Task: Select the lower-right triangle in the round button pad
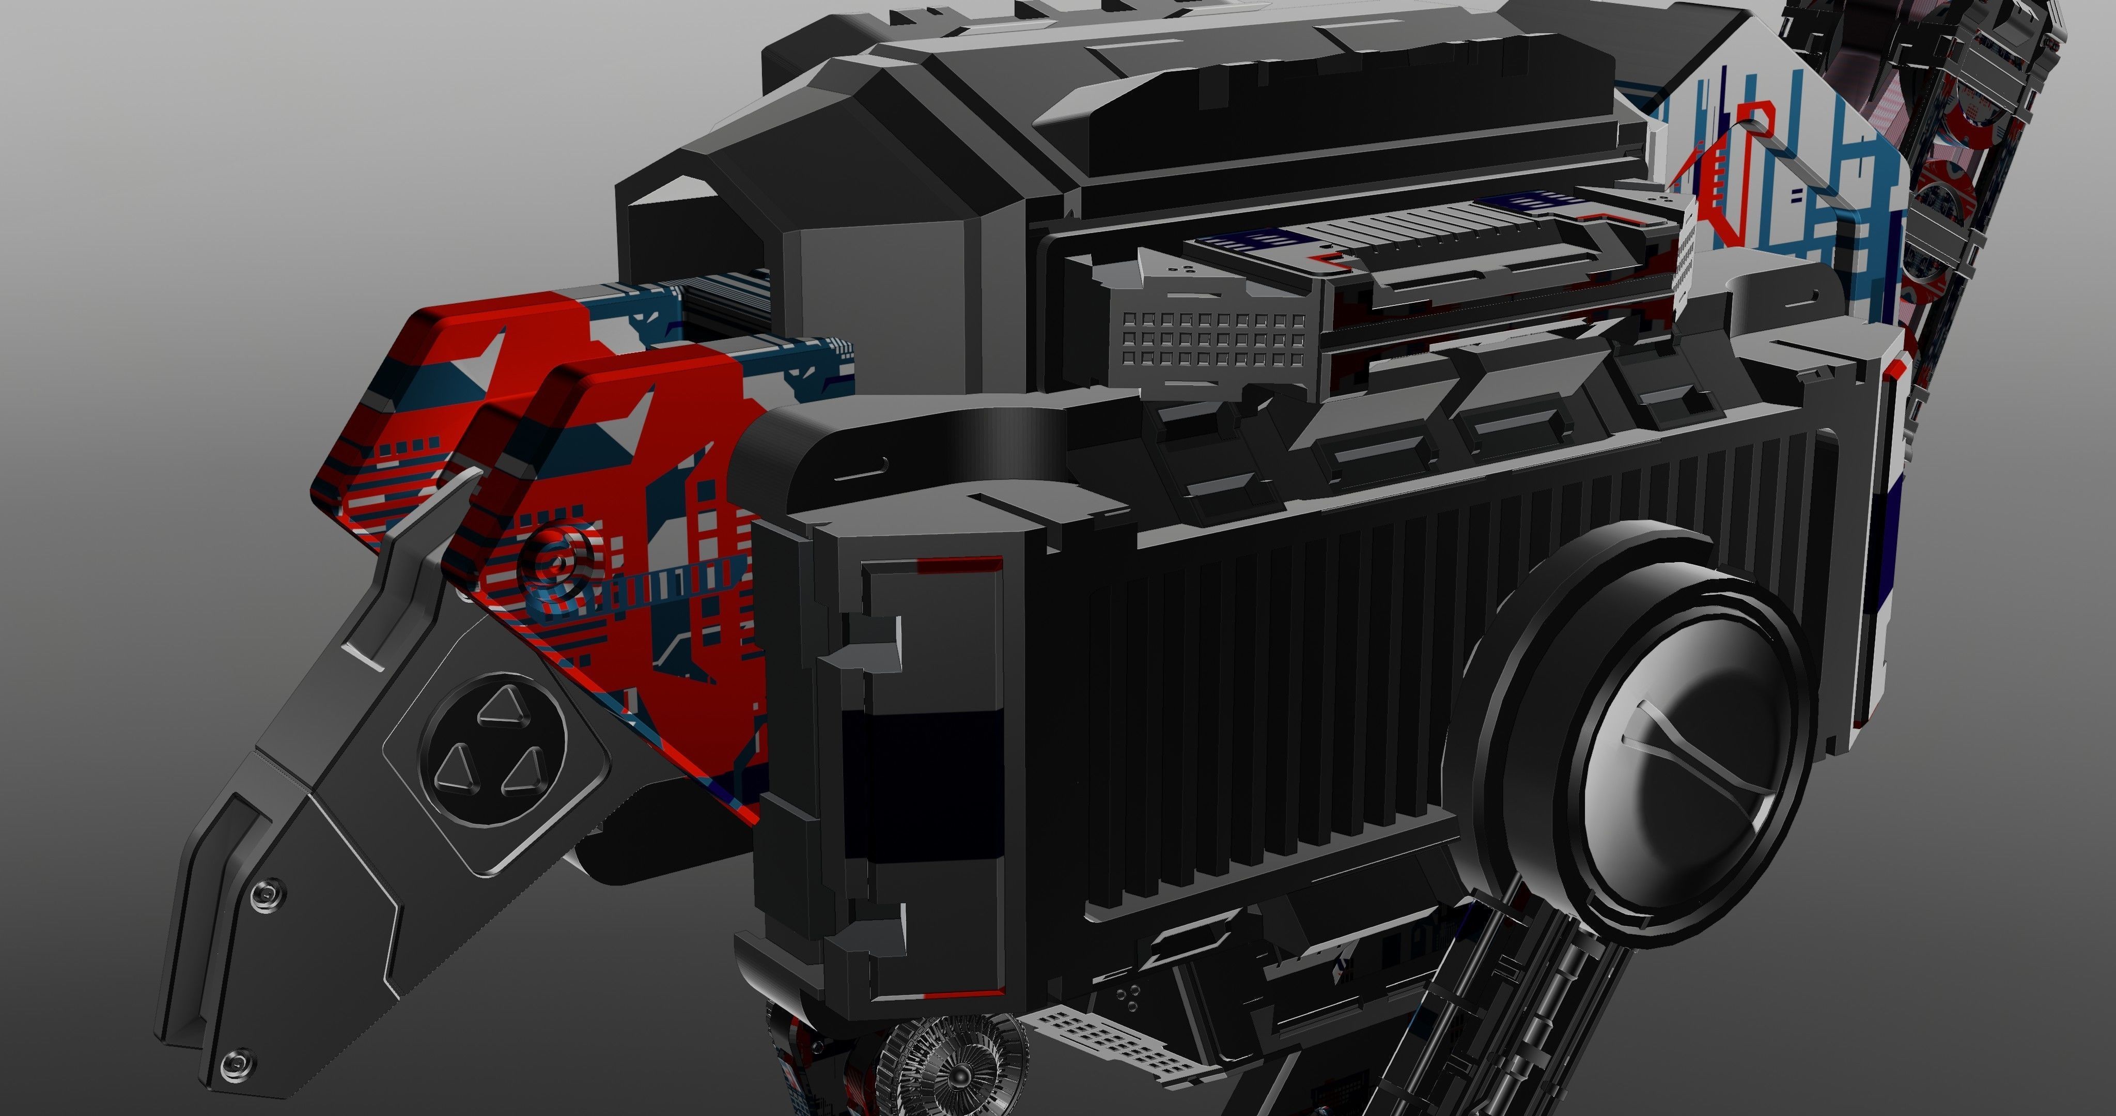pos(524,772)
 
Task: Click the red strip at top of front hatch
pos(959,565)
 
